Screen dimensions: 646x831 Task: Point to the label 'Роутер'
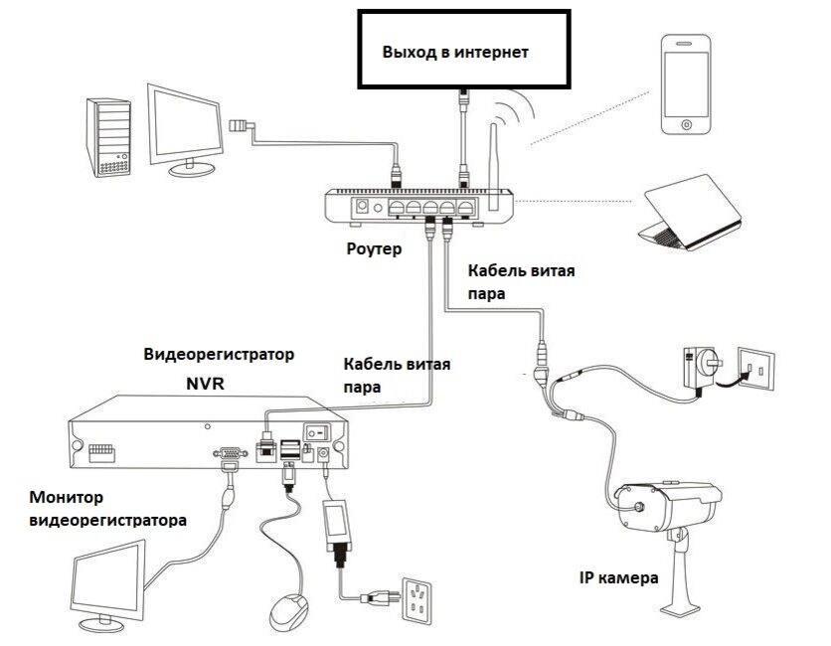376,249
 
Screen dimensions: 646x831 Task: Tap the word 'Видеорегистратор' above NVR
220,355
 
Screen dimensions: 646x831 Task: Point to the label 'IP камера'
617,577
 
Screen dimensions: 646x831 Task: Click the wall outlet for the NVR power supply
418,600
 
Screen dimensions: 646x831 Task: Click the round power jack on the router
362,207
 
